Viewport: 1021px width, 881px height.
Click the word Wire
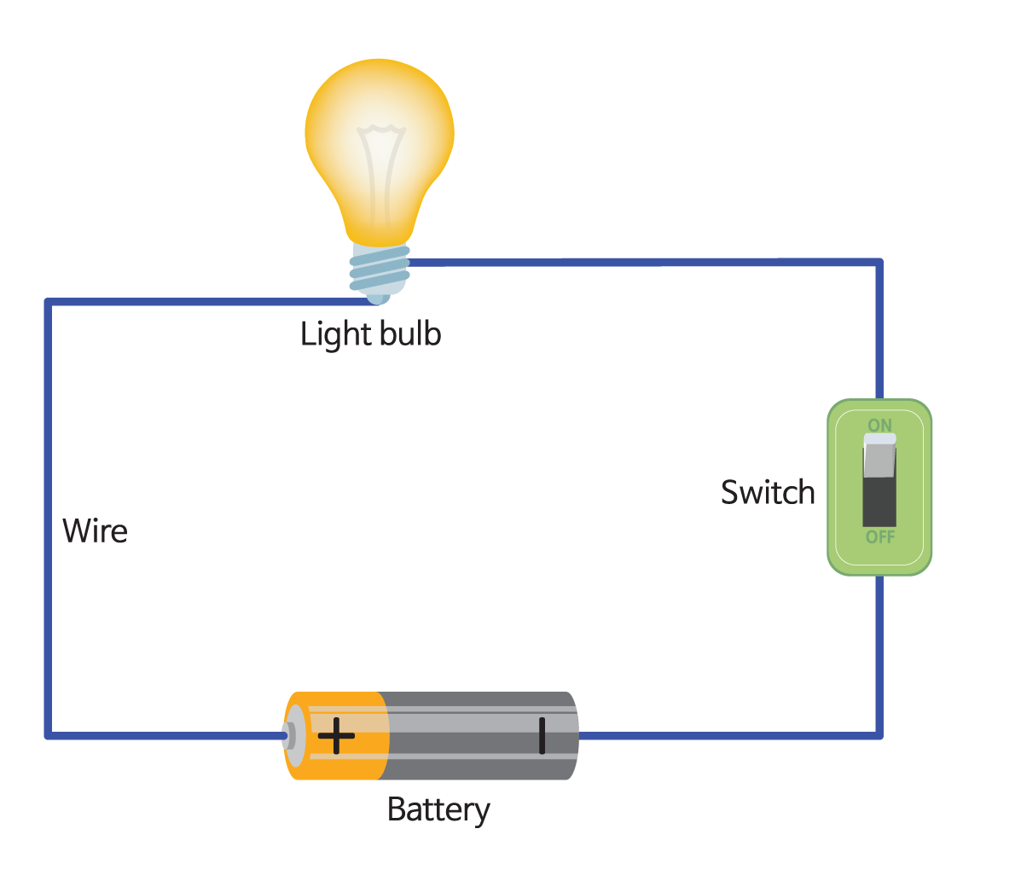click(x=95, y=530)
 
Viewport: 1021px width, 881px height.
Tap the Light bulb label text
click(x=370, y=333)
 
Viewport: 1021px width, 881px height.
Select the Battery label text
click(x=438, y=809)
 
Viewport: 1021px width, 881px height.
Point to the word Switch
click(x=768, y=492)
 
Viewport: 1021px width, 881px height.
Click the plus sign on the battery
click(x=336, y=735)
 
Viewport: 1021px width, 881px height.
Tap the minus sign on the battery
click(x=542, y=735)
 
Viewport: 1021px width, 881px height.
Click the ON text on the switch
click(x=879, y=425)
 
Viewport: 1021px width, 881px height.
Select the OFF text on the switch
click(x=879, y=537)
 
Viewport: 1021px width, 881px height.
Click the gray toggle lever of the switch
click(x=879, y=456)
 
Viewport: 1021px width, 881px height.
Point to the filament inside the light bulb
click(x=380, y=171)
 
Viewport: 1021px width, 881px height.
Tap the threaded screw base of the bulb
click(x=380, y=269)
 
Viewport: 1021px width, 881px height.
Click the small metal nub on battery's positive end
click(x=288, y=735)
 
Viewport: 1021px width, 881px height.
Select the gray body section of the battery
click(x=478, y=735)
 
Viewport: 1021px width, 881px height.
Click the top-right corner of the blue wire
click(x=879, y=263)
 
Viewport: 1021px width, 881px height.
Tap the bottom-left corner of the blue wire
click(x=49, y=734)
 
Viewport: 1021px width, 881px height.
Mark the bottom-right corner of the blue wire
click(x=879, y=734)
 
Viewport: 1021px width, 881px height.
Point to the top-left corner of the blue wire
click(x=49, y=303)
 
